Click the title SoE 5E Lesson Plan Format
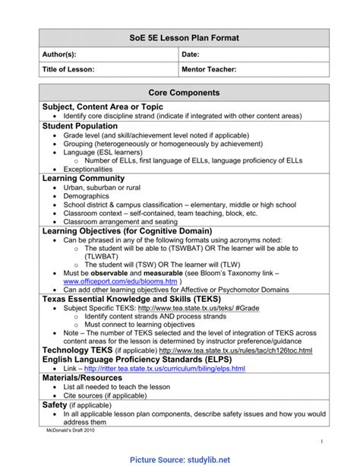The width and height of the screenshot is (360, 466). pos(185,38)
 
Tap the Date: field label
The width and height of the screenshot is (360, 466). pos(191,55)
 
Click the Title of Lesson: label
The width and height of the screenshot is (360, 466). pos(68,69)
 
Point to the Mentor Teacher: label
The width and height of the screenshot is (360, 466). pos(210,69)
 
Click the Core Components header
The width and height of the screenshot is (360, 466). pos(185,92)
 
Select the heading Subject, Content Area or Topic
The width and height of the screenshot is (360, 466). pos(92,106)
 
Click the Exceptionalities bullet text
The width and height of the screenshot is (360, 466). pos(88,169)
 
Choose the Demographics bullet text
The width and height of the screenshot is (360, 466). pos(87,196)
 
